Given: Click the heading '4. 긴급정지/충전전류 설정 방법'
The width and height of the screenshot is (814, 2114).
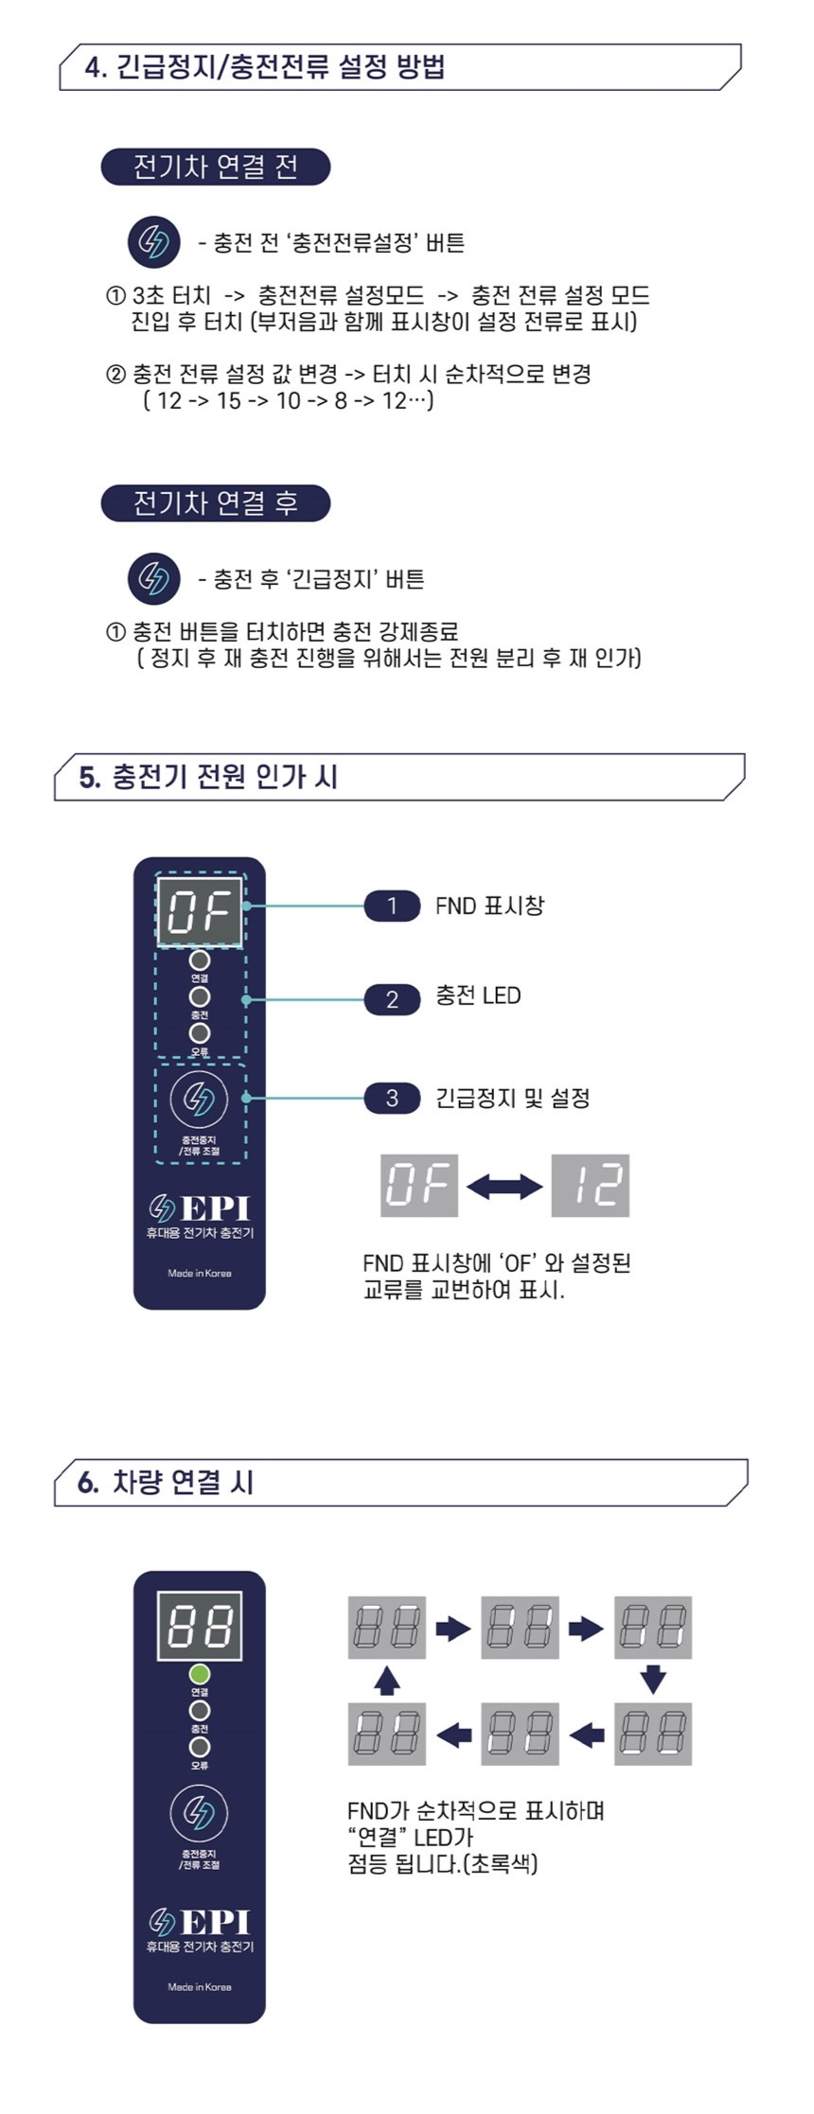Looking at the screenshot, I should coord(265,67).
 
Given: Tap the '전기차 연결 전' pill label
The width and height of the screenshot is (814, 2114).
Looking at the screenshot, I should coord(216,167).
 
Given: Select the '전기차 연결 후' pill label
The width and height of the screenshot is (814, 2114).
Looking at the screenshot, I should coord(216,502).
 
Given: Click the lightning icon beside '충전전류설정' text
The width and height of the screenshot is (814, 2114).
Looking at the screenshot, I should coord(153,242).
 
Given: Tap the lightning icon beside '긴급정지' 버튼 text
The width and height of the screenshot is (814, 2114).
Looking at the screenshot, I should coord(153,578).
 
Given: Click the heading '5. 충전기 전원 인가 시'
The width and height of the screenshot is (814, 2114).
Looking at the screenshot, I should coord(209,777).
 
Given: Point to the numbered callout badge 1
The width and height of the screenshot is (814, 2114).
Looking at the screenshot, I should coord(392,906).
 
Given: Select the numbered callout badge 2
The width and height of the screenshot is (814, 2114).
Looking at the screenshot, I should coord(392,998).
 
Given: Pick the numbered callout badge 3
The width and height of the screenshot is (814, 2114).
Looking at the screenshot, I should coord(392,1098).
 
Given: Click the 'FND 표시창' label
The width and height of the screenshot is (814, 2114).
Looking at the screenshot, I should coord(489,906).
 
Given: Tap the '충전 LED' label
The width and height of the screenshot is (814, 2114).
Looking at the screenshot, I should coord(478,995).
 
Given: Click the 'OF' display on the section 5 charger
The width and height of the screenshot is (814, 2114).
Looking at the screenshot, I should coord(200,911).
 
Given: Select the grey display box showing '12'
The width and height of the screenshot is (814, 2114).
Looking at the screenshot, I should coord(591,1185).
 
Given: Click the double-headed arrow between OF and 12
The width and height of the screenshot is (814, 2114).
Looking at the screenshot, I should coord(504,1186).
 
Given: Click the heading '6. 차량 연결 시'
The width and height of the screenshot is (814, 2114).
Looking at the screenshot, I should coord(167,1482).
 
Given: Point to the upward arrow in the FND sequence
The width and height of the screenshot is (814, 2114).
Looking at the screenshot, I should coord(386,1680).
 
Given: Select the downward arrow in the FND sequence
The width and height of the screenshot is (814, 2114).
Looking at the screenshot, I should coord(653,1680).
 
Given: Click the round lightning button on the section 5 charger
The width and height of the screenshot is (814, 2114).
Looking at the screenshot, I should coord(199,1098).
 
